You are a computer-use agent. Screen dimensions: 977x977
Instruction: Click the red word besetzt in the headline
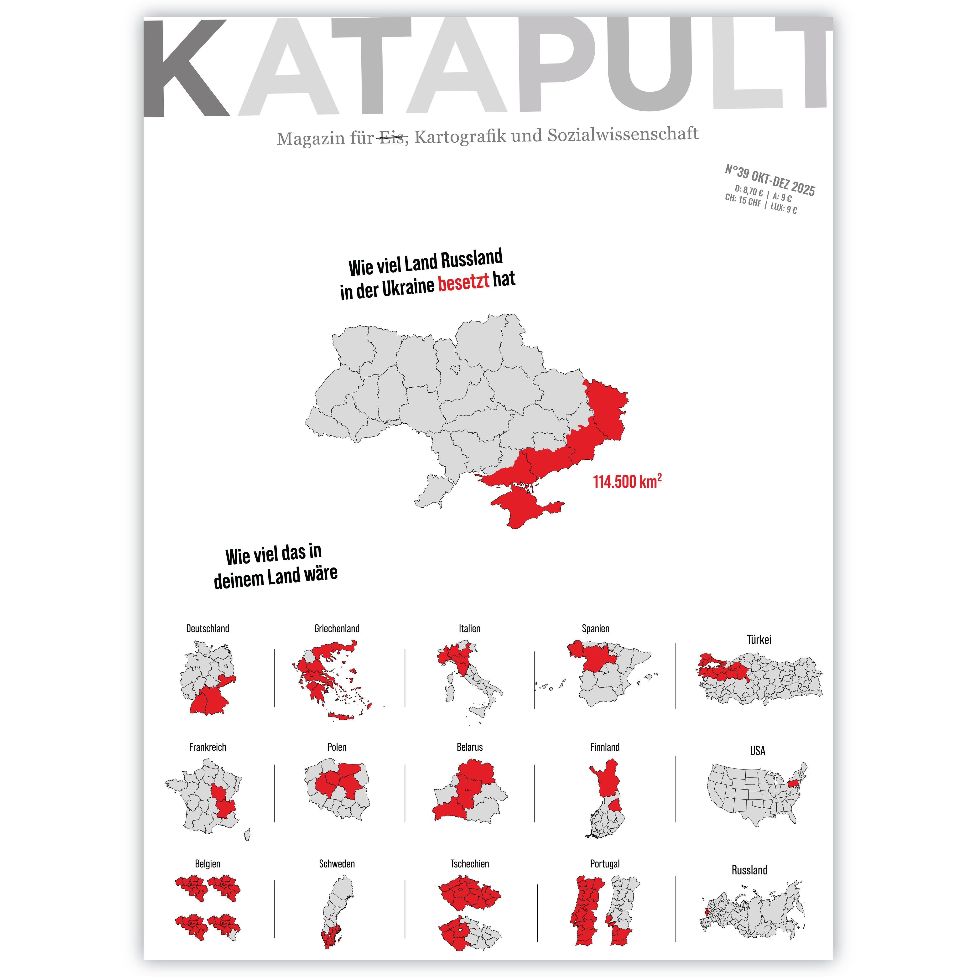463,282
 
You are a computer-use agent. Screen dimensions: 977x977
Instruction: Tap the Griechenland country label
337,629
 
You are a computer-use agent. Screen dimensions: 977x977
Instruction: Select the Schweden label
337,864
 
